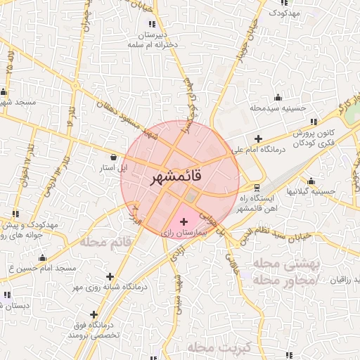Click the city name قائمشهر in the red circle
point(176,177)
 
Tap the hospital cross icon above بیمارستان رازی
point(184,221)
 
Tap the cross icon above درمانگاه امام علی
point(259,139)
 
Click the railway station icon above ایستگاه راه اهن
point(256,188)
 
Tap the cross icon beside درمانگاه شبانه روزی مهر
point(109,276)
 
